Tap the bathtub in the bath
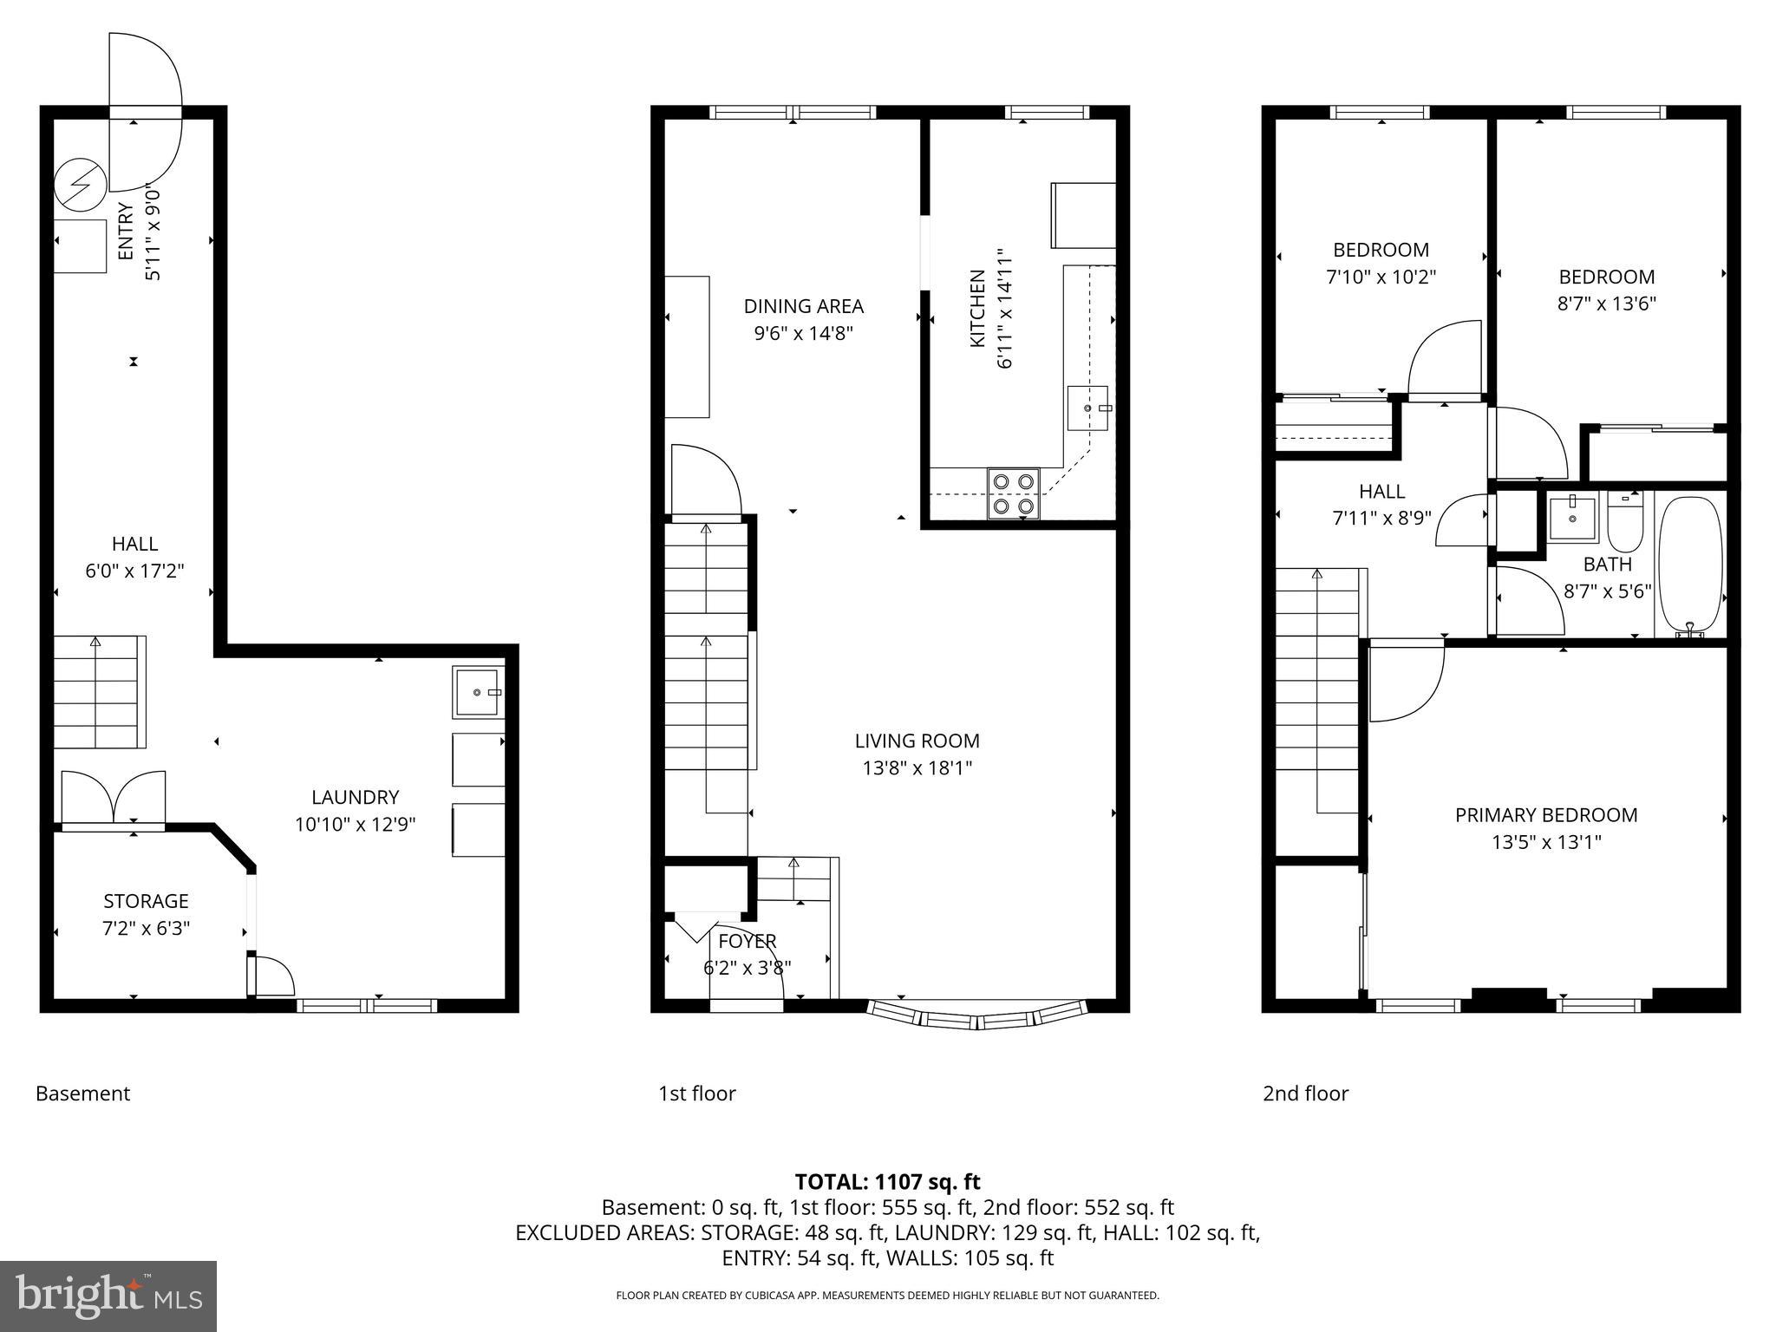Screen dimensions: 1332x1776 pyautogui.click(x=1690, y=565)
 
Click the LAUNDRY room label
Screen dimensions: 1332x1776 pyautogui.click(x=355, y=797)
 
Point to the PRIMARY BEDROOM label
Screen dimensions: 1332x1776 pyautogui.click(x=1546, y=815)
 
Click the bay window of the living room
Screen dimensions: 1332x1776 pyautogui.click(x=977, y=1015)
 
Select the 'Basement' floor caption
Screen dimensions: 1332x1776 pyautogui.click(x=82, y=1094)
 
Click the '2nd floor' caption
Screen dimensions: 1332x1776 pyautogui.click(x=1305, y=1094)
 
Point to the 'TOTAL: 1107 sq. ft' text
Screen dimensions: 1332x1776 pyautogui.click(x=887, y=1181)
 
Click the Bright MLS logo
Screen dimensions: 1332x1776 pyautogui.click(x=108, y=1296)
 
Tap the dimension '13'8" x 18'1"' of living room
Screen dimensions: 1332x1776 pyautogui.click(x=917, y=767)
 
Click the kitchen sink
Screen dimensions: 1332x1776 pyautogui.click(x=1087, y=408)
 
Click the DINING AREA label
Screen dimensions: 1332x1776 pyautogui.click(x=803, y=306)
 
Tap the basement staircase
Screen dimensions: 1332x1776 pyautogui.click(x=98, y=691)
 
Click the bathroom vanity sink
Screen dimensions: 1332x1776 pyautogui.click(x=1573, y=519)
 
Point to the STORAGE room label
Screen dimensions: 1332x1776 pyautogui.click(x=146, y=901)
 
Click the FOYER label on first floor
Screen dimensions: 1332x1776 pyautogui.click(x=747, y=941)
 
